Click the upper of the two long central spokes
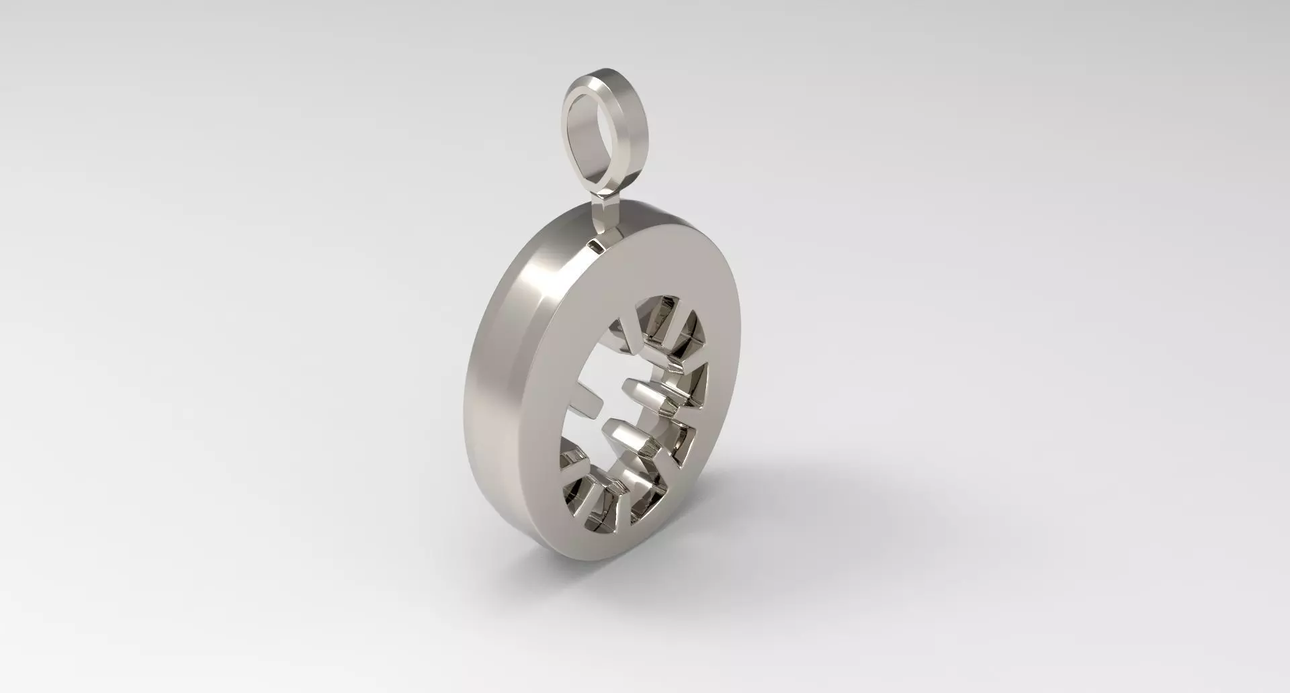click(645, 393)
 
